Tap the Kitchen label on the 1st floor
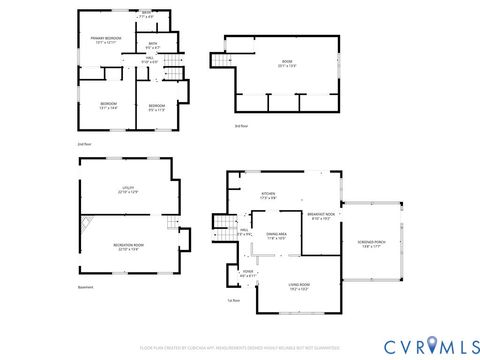(268, 196)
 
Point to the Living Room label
(299, 287)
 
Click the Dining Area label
(276, 236)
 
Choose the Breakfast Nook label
(321, 216)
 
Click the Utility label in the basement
(128, 189)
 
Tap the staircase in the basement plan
(171, 225)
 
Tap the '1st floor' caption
(233, 326)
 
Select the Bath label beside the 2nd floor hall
(153, 46)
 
